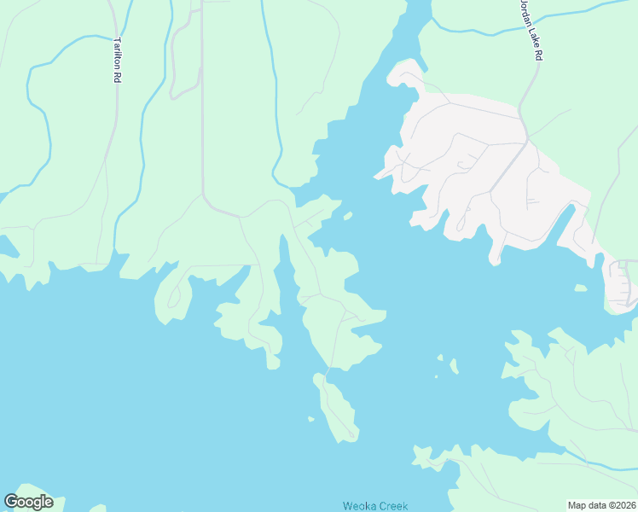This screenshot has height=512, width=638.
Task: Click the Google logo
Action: [x=28, y=502]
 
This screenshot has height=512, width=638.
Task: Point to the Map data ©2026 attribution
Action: [x=601, y=505]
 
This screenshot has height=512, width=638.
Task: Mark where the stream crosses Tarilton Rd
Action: [x=113, y=36]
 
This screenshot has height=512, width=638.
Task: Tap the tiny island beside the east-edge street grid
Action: [x=580, y=288]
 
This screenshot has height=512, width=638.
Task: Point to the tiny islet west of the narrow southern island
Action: [x=311, y=418]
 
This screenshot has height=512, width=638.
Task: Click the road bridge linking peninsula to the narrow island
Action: [x=326, y=374]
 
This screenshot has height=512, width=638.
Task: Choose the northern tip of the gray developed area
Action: [x=407, y=66]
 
